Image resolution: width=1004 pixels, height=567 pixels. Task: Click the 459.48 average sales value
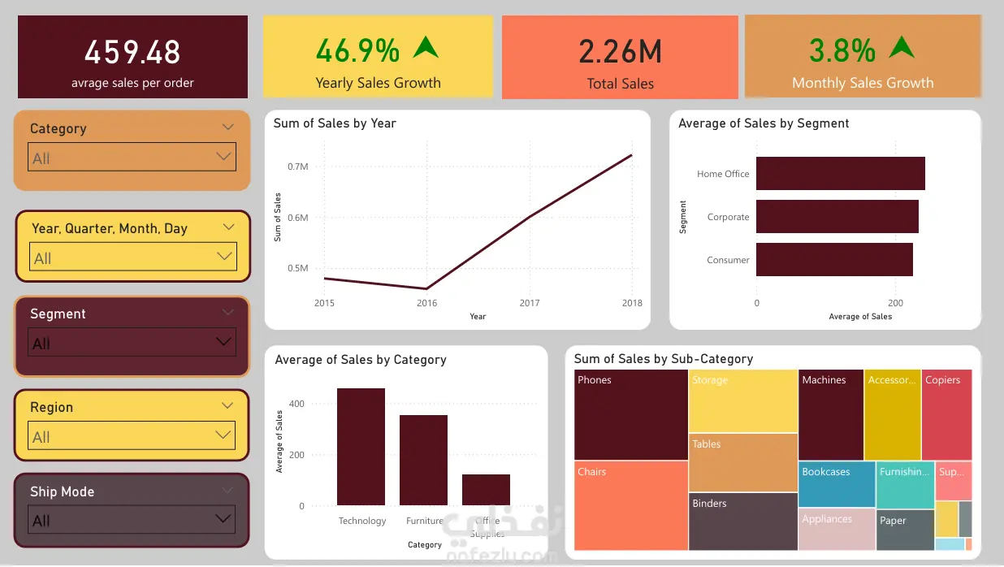tap(132, 53)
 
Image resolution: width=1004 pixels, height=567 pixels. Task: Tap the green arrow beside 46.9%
tap(425, 47)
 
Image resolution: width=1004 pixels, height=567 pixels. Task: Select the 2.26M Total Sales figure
tap(620, 52)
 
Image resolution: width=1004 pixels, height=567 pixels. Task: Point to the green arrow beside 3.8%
tap(901, 47)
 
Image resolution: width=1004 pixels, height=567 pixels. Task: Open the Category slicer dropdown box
tap(132, 158)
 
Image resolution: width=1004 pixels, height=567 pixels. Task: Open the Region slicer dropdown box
tap(132, 436)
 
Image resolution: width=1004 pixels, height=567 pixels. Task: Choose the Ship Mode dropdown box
tap(132, 520)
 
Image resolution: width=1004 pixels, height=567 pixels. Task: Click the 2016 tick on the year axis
tap(426, 303)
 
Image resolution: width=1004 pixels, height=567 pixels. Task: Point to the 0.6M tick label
tap(298, 218)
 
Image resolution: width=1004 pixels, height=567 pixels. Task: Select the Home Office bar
tap(840, 174)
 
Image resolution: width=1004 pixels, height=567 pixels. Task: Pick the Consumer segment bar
tap(834, 260)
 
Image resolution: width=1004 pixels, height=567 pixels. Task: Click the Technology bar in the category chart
tap(361, 447)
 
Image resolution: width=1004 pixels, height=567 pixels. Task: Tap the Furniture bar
tap(423, 460)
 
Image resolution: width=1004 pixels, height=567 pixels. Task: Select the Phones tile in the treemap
tap(630, 415)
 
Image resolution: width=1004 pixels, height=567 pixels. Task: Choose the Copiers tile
tap(946, 415)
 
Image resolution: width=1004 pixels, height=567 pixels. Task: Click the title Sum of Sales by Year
tap(335, 123)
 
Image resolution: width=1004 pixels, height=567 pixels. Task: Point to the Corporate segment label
tap(728, 217)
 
